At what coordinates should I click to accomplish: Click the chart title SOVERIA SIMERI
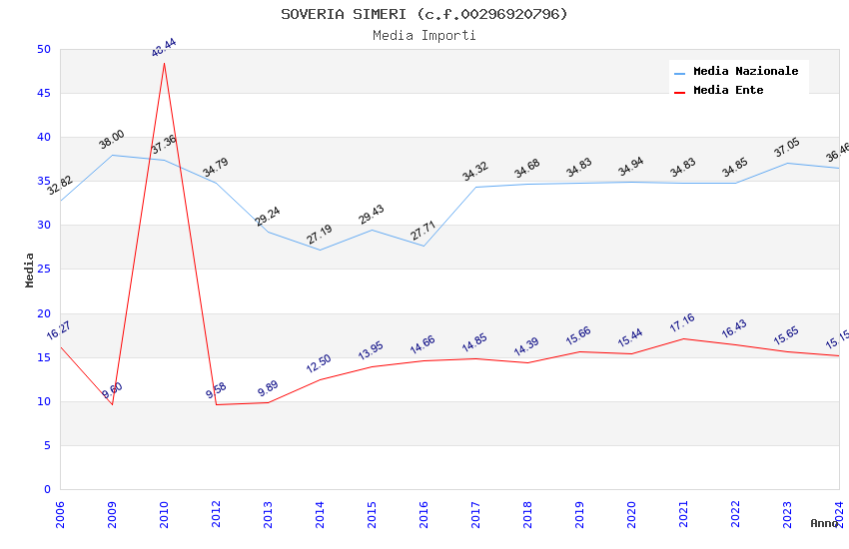click(424, 14)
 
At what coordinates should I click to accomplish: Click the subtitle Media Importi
click(424, 36)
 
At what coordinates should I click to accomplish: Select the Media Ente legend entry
click(728, 91)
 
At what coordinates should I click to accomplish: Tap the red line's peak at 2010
click(164, 63)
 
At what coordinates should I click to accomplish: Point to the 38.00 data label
click(112, 140)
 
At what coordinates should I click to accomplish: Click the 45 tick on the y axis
click(43, 94)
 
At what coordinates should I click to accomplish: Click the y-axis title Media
click(30, 270)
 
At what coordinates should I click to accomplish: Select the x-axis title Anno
click(824, 523)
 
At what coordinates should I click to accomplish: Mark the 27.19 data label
click(320, 235)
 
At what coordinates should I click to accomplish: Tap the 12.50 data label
click(320, 364)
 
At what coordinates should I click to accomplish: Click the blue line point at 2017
click(475, 187)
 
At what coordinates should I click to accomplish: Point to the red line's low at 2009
click(112, 404)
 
